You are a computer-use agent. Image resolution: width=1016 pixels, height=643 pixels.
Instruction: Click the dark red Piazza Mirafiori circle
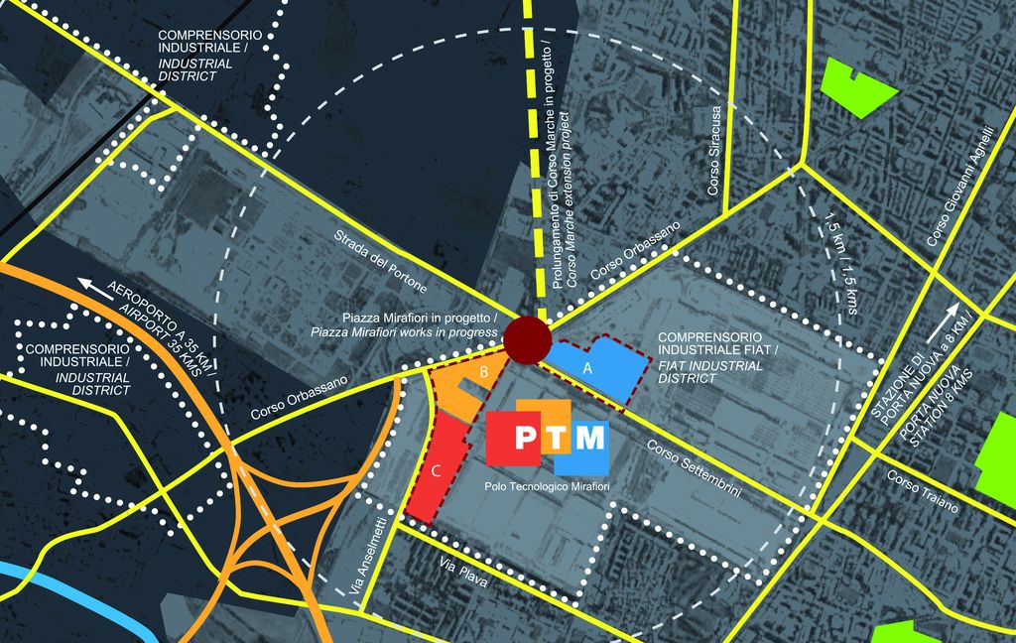tap(526, 340)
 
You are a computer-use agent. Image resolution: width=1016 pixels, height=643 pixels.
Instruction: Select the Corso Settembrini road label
tap(694, 475)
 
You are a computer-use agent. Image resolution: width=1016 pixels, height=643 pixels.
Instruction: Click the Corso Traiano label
tap(923, 491)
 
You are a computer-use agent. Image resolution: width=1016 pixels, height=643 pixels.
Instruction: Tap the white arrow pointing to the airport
tap(99, 288)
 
